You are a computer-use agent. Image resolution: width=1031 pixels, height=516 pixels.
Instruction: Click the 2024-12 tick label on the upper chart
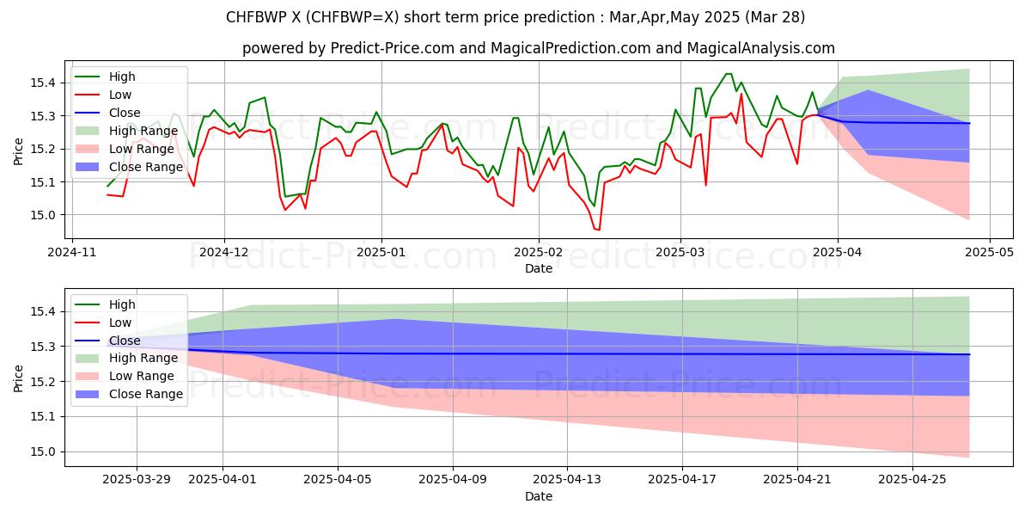[x=224, y=252]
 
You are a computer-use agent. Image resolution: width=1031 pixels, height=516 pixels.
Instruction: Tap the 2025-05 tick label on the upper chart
[x=990, y=252]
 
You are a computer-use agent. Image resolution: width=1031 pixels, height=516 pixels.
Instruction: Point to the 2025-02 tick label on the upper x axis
[x=539, y=252]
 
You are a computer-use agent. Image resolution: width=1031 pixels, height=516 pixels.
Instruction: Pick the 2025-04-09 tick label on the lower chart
[x=453, y=479]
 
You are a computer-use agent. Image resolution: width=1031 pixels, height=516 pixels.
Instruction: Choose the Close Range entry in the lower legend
[x=146, y=394]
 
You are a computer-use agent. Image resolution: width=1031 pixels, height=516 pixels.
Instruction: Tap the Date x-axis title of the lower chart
[x=539, y=496]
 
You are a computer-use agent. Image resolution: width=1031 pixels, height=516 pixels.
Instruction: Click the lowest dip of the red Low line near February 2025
[x=598, y=230]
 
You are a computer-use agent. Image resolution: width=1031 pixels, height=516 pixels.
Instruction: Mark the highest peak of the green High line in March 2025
[x=729, y=74]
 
